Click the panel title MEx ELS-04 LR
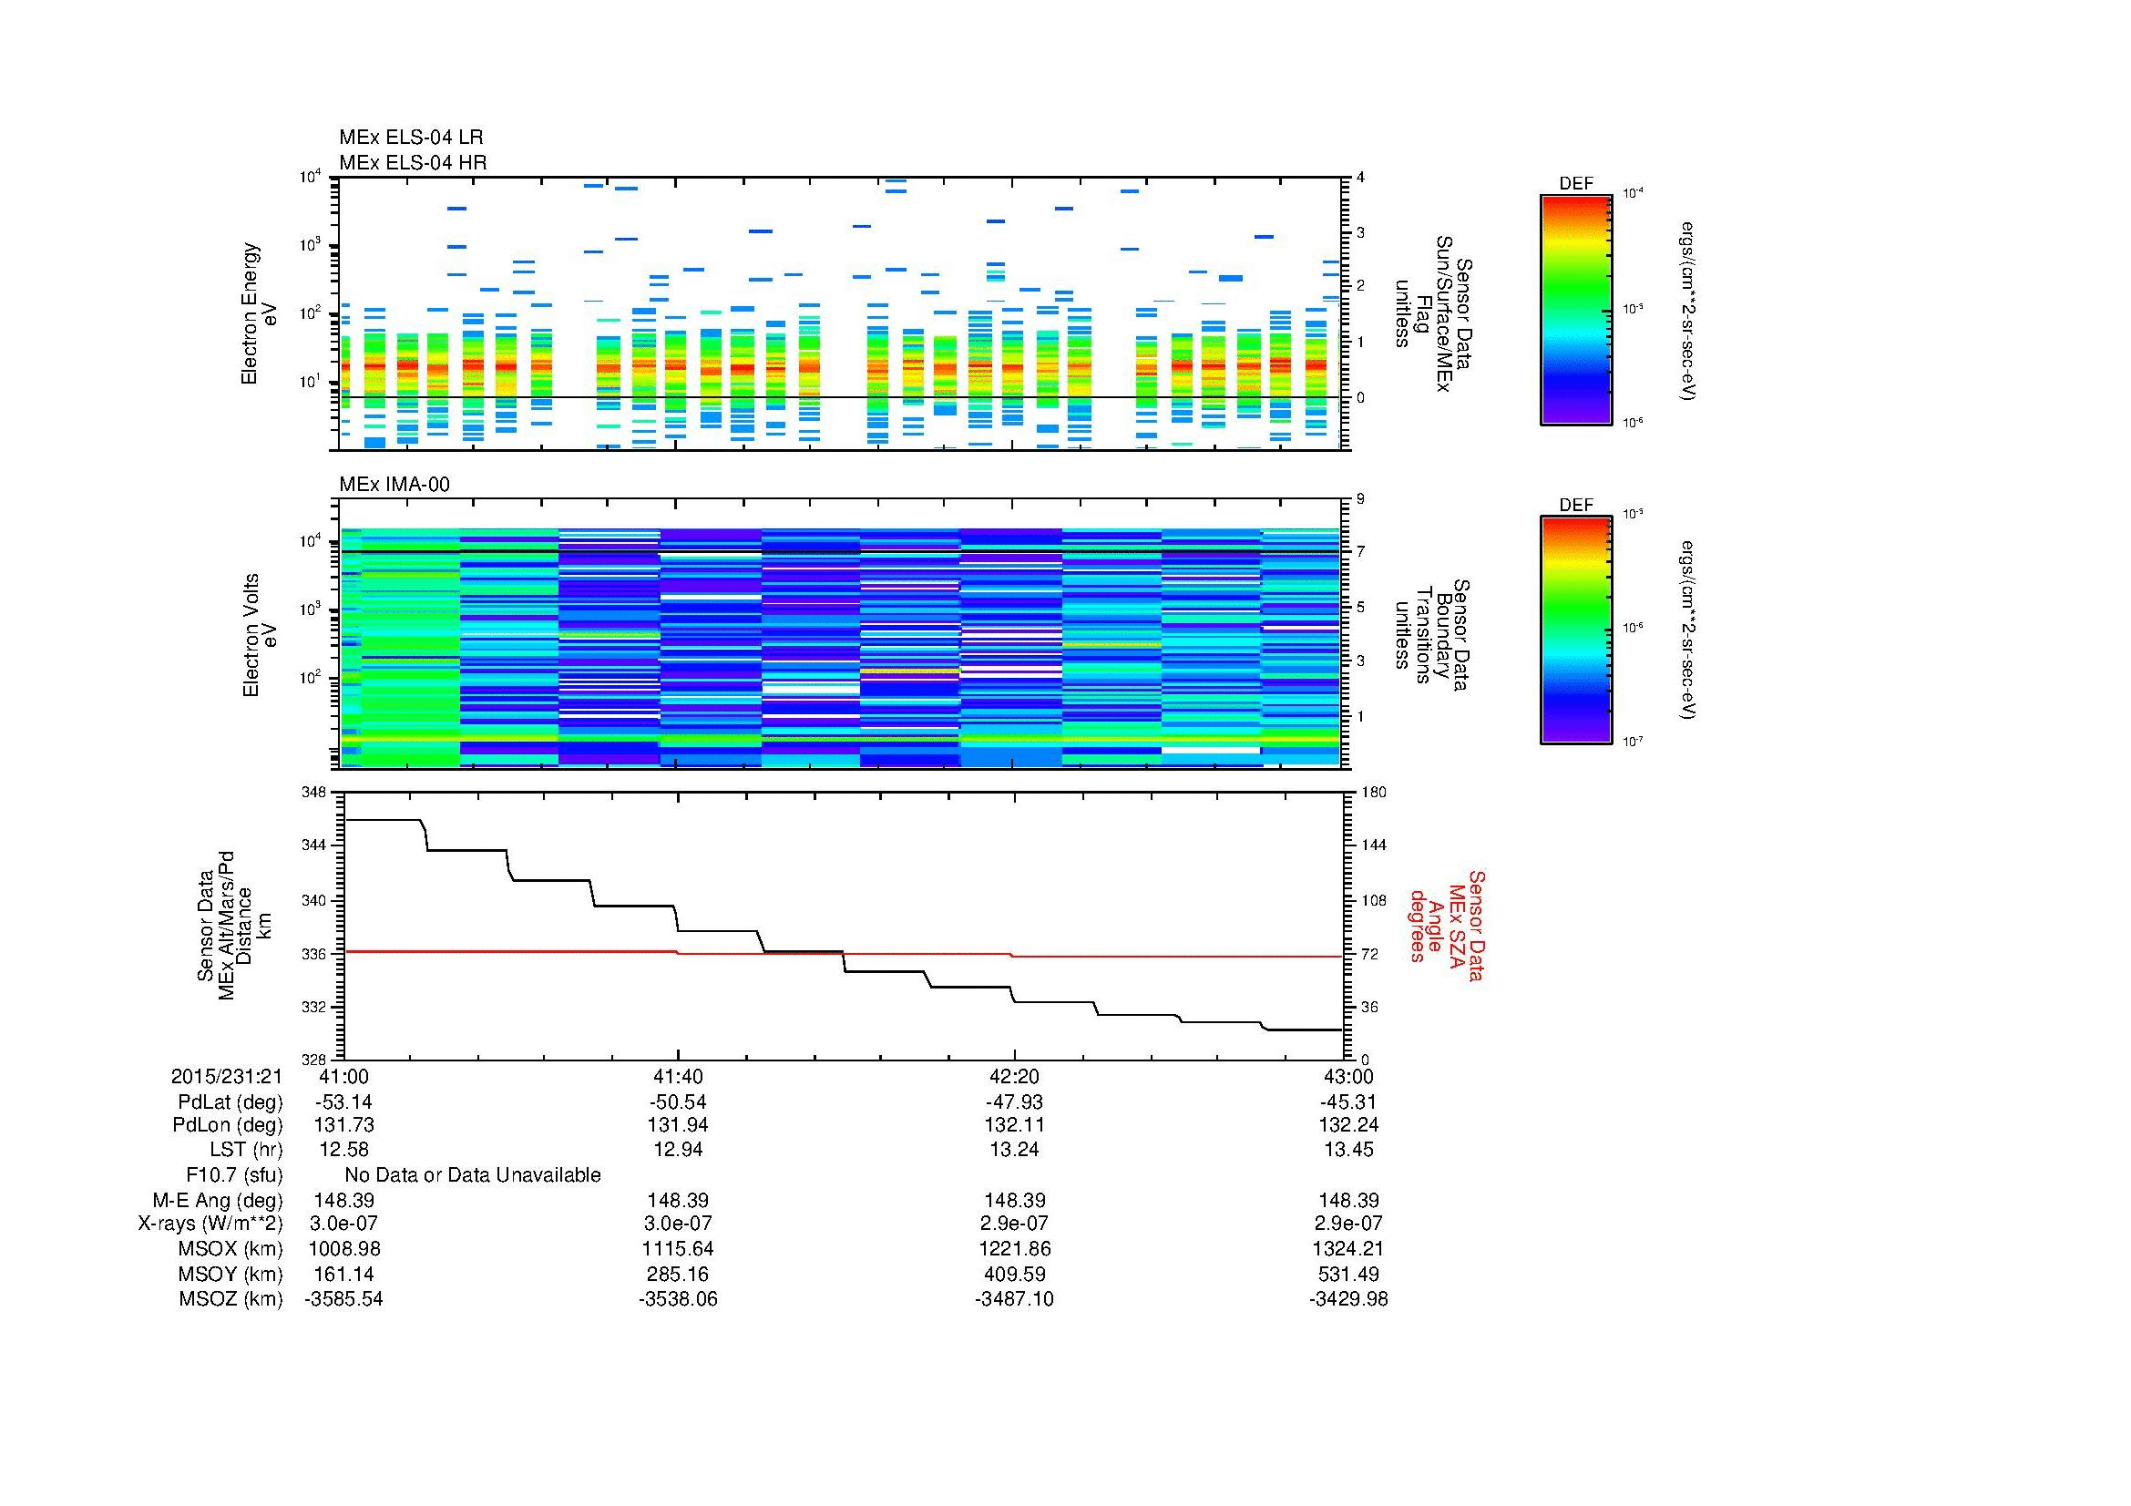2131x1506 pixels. point(411,138)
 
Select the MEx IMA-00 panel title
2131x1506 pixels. point(394,485)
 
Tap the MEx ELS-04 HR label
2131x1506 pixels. point(413,162)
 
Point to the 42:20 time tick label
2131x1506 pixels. point(1014,1076)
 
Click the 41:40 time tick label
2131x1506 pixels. point(679,1076)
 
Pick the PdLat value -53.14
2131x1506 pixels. point(344,1102)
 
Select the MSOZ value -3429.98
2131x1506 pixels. point(1347,1299)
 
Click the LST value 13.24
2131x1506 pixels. point(1014,1150)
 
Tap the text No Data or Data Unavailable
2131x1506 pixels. point(473,1175)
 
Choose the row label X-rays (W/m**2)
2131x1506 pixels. point(210,1224)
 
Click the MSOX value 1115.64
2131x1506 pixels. point(679,1249)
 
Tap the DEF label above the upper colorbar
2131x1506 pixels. point(1576,184)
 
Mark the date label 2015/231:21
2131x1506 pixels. point(227,1076)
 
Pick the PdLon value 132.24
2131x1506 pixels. point(1347,1124)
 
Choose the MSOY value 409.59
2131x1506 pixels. point(1014,1274)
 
